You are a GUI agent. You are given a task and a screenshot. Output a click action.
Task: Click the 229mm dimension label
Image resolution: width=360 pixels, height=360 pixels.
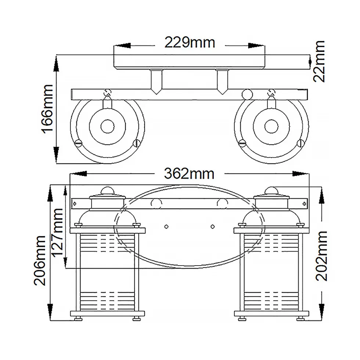pyautogui.click(x=190, y=43)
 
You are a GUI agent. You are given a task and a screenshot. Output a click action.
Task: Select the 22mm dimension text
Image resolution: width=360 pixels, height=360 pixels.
pyautogui.click(x=319, y=62)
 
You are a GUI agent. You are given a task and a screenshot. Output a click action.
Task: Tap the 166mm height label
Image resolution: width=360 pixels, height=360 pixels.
pyautogui.click(x=47, y=109)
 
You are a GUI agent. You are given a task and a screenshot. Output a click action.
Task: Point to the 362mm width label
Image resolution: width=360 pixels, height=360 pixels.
pyautogui.click(x=189, y=173)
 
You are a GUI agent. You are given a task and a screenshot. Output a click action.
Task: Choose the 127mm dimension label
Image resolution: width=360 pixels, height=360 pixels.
pyautogui.click(x=57, y=232)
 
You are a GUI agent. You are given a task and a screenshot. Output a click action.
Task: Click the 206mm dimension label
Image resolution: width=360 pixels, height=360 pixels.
pyautogui.click(x=40, y=260)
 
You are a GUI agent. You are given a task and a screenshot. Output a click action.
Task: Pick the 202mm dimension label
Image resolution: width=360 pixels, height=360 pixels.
pyautogui.click(x=321, y=256)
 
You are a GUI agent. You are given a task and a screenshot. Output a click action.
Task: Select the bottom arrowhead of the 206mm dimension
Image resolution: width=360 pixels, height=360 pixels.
pyautogui.click(x=50, y=312)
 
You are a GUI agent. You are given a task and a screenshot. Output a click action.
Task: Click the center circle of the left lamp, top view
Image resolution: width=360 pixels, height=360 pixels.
pyautogui.click(x=107, y=126)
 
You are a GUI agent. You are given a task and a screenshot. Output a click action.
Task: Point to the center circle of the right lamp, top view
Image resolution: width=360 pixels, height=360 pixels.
pyautogui.click(x=271, y=126)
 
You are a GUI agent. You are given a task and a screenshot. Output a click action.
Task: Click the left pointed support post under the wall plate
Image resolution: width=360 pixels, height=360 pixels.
pyautogui.click(x=156, y=82)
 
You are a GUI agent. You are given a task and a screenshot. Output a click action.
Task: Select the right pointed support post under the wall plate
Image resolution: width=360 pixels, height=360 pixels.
pyautogui.click(x=222, y=82)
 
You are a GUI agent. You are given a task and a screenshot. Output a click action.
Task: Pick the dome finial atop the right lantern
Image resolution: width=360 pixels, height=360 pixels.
pyautogui.click(x=271, y=191)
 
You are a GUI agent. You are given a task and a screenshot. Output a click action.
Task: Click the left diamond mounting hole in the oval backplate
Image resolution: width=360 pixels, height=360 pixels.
pyautogui.click(x=166, y=227)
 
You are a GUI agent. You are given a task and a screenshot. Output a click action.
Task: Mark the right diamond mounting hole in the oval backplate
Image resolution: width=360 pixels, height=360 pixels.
pyautogui.click(x=213, y=227)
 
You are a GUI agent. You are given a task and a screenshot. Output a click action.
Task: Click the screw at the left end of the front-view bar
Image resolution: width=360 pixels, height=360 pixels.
pyautogui.click(x=74, y=204)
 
